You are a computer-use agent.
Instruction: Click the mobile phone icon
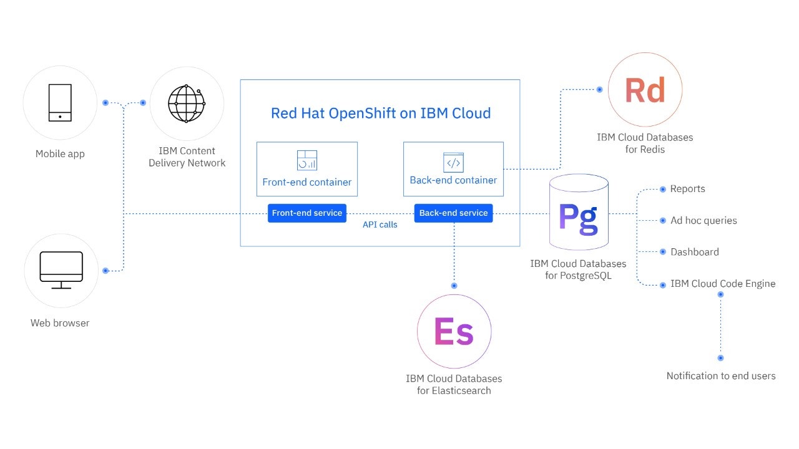pyautogui.click(x=60, y=103)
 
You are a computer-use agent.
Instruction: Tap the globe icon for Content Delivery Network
pyautogui.click(x=187, y=104)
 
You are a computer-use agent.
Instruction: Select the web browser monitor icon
pyautogui.click(x=61, y=270)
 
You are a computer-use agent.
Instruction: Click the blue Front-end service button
pyautogui.click(x=307, y=213)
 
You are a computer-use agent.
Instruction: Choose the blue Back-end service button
pyautogui.click(x=453, y=213)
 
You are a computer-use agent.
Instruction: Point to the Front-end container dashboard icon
pyautogui.click(x=307, y=160)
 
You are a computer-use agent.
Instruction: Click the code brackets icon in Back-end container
pyautogui.click(x=453, y=162)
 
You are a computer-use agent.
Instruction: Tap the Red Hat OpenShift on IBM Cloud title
pyautogui.click(x=380, y=113)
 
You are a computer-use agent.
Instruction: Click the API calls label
pyautogui.click(x=380, y=224)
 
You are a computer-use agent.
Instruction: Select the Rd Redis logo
pyautogui.click(x=645, y=90)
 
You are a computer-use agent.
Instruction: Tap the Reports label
pyautogui.click(x=687, y=189)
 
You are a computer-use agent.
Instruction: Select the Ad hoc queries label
pyautogui.click(x=703, y=221)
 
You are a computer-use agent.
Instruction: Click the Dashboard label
pyautogui.click(x=694, y=252)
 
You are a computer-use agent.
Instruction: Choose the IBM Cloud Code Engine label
pyautogui.click(x=723, y=284)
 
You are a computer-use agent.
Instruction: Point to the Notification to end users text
pyautogui.click(x=720, y=376)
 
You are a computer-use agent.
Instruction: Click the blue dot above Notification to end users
pyautogui.click(x=720, y=358)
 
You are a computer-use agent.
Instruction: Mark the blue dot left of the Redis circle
pyautogui.click(x=599, y=90)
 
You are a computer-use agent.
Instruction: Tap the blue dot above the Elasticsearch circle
pyautogui.click(x=454, y=286)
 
